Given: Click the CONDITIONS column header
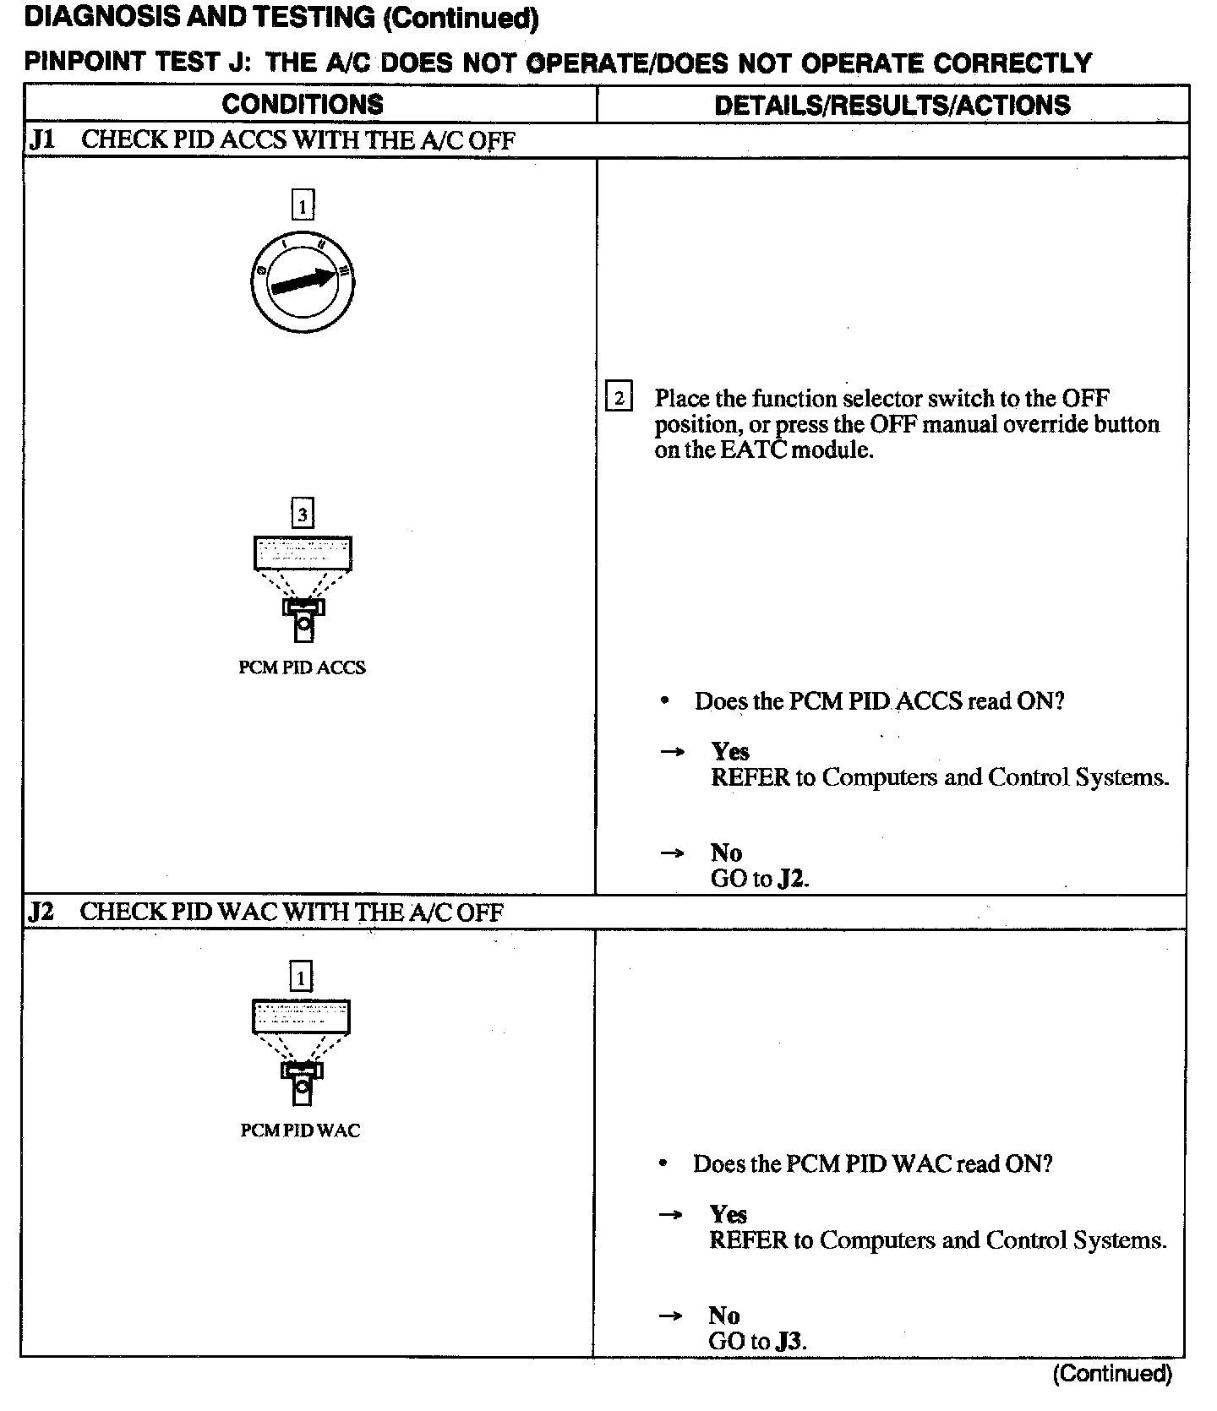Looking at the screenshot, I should tap(302, 104).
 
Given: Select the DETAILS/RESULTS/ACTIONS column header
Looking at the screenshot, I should tap(892, 105).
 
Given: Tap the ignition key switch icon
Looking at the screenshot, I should tap(303, 282).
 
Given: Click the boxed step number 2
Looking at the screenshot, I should tap(619, 397).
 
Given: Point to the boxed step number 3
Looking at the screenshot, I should tap(302, 514).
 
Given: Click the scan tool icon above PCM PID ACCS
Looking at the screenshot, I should tap(303, 588).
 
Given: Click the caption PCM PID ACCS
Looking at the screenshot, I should tap(302, 667).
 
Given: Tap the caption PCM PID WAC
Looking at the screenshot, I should tap(300, 1130).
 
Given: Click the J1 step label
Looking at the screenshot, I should tap(41, 140).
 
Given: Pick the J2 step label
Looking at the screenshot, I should tap(41, 913).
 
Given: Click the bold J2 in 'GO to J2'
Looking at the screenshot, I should tap(791, 879).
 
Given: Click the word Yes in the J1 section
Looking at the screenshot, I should tap(730, 751).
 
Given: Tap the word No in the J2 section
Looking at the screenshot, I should tap(723, 1316).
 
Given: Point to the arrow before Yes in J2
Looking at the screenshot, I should tap(670, 1215).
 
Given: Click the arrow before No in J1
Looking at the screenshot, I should tap(672, 853).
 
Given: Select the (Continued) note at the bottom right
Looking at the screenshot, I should tap(1112, 1373).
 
